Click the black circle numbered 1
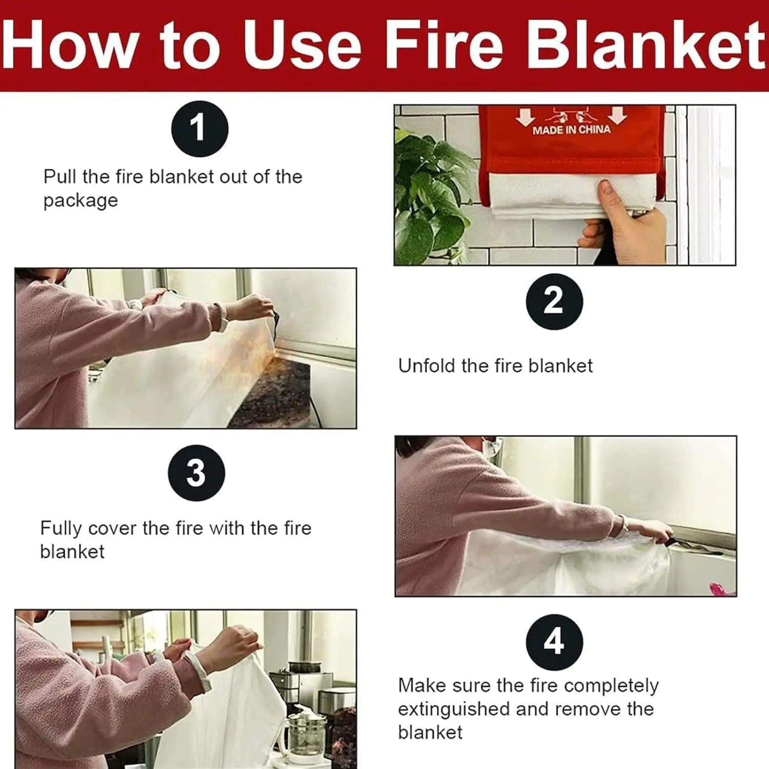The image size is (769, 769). coord(199,129)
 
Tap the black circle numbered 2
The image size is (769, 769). coord(554,301)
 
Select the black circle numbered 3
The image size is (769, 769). coord(196,473)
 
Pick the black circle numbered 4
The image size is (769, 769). coord(554,642)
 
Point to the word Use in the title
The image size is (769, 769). coord(302,46)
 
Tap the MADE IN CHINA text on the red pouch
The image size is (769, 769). coord(571,130)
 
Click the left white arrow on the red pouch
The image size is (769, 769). coord(525,116)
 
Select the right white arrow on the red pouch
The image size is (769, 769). coord(617,115)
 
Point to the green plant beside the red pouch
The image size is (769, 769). coord(433,195)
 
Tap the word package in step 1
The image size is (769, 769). coord(80,200)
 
